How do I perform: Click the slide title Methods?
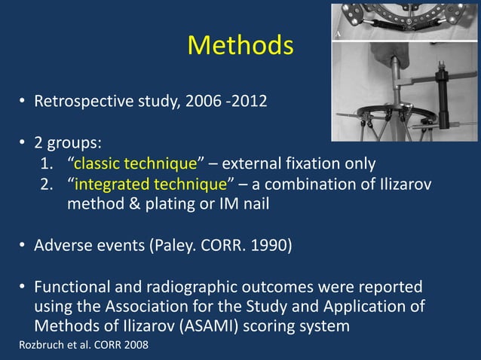(240, 46)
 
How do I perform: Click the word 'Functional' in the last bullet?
(71, 288)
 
